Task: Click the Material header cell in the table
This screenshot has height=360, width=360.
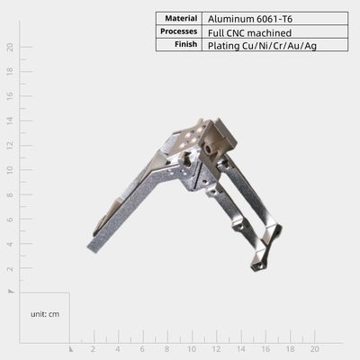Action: tap(181, 19)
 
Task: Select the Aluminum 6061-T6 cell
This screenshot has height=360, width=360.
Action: tap(250, 19)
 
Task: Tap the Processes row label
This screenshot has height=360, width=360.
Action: tap(179, 31)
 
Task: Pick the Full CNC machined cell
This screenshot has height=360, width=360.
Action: tap(249, 32)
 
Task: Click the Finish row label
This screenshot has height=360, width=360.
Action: tap(186, 44)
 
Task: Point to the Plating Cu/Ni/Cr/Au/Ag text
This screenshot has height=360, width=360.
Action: tap(262, 46)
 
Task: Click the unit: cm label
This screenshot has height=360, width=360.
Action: tap(45, 314)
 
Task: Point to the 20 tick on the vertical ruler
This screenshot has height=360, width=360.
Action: tap(11, 47)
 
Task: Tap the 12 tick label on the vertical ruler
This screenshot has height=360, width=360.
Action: tap(11, 145)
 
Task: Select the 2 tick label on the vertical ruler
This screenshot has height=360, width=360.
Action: tap(11, 268)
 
